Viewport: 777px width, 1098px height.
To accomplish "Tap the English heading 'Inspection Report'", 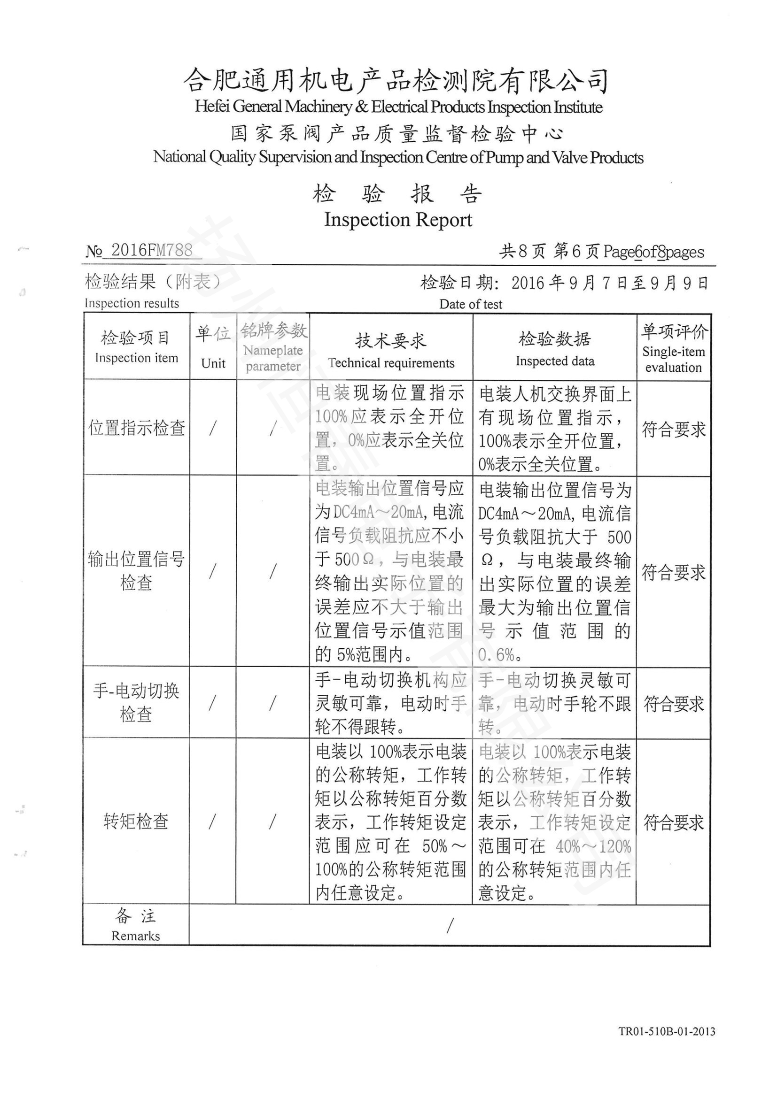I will point(397,220).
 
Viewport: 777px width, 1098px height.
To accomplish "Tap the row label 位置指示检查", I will point(136,428).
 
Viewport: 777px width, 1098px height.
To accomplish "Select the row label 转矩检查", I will point(136,822).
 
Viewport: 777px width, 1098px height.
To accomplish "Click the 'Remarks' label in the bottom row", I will point(135,936).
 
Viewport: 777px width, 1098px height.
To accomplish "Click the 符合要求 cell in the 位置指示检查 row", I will point(673,430).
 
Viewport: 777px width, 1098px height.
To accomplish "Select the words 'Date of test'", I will point(470,304).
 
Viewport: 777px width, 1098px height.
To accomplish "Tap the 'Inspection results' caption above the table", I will point(132,303).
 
